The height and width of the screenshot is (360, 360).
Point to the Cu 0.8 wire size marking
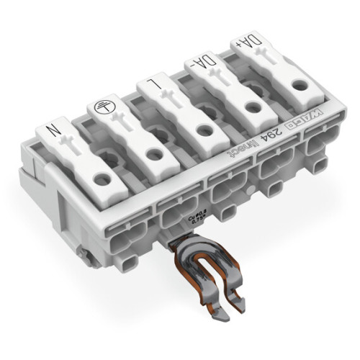coord(190,217)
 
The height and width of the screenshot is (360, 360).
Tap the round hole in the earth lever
coord(151,153)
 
